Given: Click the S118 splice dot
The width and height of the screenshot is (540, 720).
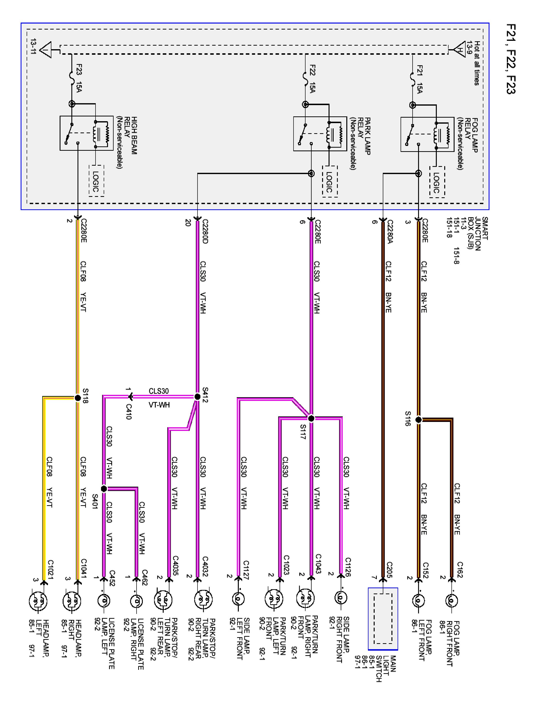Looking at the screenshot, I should (78, 398).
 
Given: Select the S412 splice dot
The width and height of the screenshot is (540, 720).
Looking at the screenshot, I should (197, 397).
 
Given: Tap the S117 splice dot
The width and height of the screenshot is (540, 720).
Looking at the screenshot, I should (311, 419).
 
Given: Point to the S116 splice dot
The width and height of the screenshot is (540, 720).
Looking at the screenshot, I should (419, 420).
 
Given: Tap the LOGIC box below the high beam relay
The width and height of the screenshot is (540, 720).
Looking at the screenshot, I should (96, 181).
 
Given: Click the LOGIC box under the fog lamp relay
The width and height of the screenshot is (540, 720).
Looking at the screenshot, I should (437, 182).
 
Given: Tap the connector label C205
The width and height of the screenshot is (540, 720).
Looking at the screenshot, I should (390, 570).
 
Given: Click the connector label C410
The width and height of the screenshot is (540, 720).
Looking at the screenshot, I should (129, 412).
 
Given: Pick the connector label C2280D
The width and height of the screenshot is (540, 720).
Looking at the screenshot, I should (205, 231).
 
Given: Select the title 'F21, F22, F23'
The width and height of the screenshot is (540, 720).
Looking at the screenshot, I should (511, 59).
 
